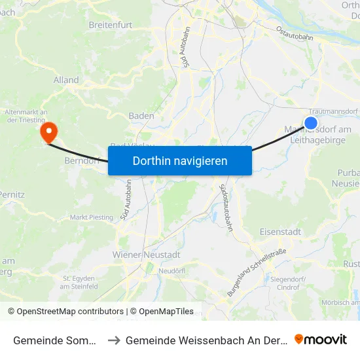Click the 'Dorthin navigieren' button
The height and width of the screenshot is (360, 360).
(x=180, y=160)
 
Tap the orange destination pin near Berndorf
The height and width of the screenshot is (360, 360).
(x=48, y=133)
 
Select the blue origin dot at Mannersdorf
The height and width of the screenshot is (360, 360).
(x=311, y=122)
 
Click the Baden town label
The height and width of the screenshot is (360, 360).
(x=141, y=116)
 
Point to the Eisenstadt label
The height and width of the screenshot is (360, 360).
(x=280, y=231)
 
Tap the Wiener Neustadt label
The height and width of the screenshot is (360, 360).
(x=147, y=254)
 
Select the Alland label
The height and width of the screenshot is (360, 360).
(x=67, y=80)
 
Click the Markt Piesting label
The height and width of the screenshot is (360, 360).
(x=92, y=217)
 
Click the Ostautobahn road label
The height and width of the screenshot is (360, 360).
(x=295, y=33)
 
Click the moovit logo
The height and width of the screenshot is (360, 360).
(x=320, y=339)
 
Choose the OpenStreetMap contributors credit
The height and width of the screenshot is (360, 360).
(x=65, y=312)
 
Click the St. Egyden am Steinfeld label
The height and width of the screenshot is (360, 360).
(x=79, y=282)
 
